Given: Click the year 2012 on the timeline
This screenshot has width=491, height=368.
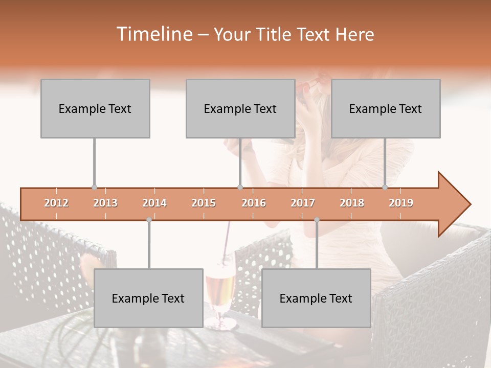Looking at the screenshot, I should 56,203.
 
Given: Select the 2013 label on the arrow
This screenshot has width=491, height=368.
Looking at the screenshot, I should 105,203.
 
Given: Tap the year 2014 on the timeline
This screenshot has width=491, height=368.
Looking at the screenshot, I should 154,203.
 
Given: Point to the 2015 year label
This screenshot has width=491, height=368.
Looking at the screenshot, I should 204,203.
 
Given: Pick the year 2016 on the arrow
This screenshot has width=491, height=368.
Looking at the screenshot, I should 254,203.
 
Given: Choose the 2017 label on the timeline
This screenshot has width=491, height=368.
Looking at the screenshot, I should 303,203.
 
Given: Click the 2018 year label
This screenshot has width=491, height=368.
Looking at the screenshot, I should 352,203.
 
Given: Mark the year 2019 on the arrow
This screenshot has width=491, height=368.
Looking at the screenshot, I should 401,203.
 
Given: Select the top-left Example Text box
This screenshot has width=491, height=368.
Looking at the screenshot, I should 95,108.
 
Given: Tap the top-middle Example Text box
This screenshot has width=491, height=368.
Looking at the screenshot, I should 240,108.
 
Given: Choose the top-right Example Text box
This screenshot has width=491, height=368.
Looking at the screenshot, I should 386,108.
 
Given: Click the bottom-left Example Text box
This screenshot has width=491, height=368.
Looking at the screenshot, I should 148,298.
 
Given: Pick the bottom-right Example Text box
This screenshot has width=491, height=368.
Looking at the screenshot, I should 316,298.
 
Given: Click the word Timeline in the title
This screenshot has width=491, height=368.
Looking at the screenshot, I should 153,34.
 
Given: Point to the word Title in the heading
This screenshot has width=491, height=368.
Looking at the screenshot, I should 273,34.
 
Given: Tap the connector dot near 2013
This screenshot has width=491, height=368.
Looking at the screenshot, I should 94,188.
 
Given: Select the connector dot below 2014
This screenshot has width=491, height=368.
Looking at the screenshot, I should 149,220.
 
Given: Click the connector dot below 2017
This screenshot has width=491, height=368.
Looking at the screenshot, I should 317,220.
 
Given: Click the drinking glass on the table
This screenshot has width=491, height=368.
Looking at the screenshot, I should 220,294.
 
